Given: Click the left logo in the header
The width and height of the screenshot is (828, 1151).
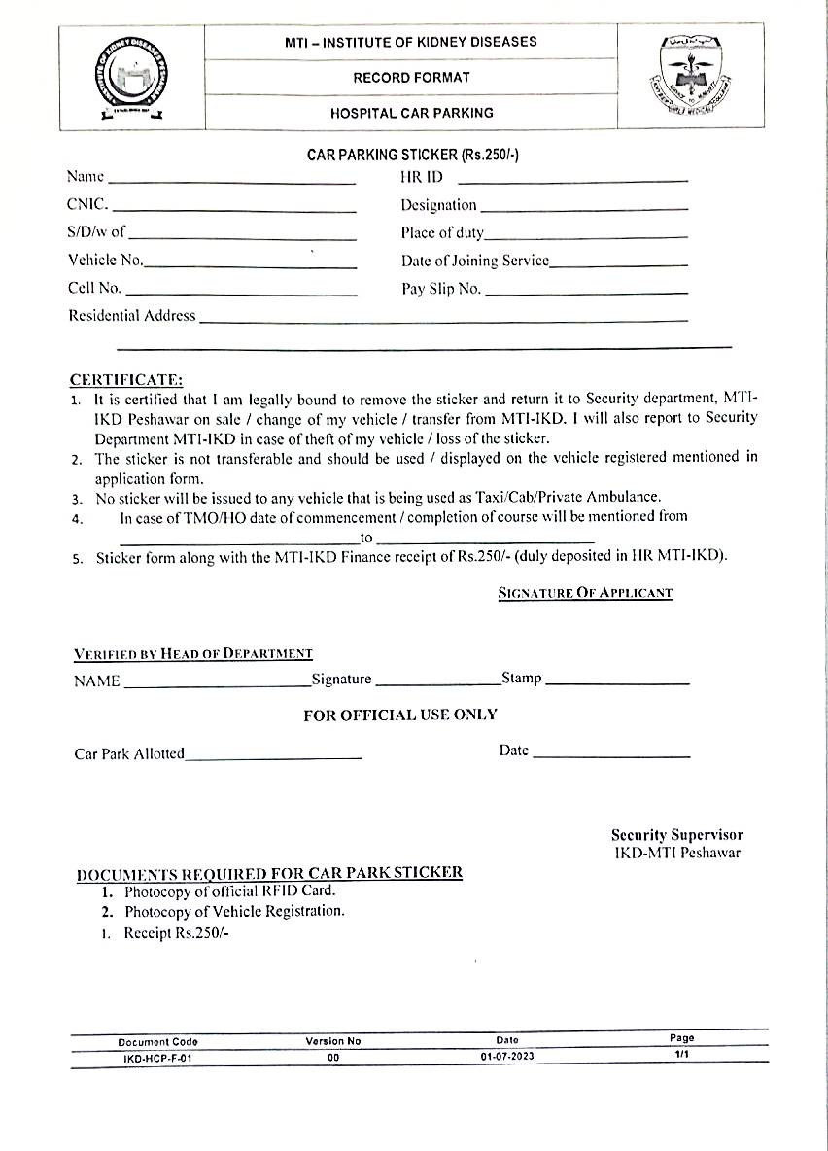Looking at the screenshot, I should pos(131,77).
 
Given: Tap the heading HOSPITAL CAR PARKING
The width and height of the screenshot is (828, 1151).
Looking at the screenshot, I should pos(411,113).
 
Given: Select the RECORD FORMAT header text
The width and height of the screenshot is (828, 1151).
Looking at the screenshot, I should pos(411,77).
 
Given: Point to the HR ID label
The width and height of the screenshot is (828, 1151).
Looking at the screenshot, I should pos(421,177).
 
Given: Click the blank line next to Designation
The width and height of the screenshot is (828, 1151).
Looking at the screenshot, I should pos(584,208).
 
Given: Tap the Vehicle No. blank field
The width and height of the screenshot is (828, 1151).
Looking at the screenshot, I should pos(251,265).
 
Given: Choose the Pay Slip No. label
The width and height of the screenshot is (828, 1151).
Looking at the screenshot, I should pos(440,289).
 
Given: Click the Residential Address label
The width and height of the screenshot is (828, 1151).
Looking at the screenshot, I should pos(131,315).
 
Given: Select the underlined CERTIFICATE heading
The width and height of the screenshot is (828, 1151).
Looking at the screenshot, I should pos(125,379).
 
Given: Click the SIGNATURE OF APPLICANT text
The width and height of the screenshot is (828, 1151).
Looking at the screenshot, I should pos(585,592).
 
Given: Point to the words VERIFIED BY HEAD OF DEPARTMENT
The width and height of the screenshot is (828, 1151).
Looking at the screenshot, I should pos(193,654).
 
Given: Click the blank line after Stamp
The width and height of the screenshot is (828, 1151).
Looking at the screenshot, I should pos(617,682).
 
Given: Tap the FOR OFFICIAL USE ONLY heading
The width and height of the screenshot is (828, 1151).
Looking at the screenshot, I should pos(400,715).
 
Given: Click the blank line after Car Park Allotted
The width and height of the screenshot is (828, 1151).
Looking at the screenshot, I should pos(273,756).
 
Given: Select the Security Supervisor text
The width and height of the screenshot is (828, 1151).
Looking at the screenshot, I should pos(676,835).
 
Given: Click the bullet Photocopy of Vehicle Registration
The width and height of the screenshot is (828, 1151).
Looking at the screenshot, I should pos(234,911).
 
